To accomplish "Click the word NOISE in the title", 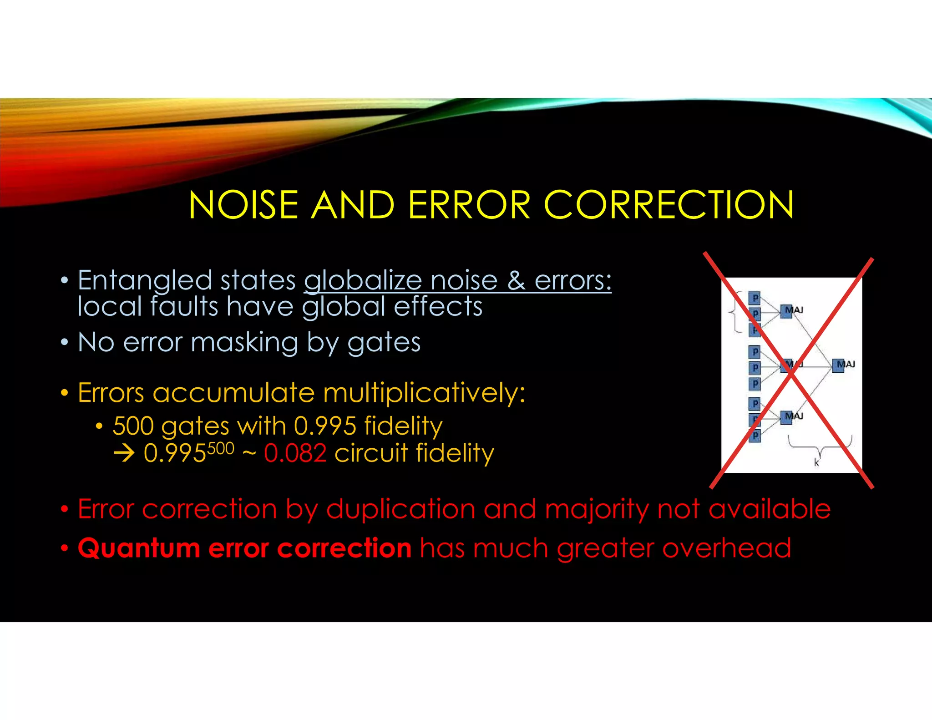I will [x=243, y=205].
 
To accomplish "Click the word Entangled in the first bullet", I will [x=145, y=280].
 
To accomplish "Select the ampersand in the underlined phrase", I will [x=516, y=280].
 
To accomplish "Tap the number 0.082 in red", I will [x=295, y=453].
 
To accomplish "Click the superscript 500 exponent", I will [x=221, y=449].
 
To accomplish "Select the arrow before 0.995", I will [x=124, y=453].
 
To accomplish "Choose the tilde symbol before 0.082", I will [x=249, y=453].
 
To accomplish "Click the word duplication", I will [x=400, y=509].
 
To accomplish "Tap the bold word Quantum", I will [x=139, y=548].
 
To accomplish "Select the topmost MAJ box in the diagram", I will [x=786, y=311].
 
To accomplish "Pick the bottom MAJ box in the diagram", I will [x=786, y=417].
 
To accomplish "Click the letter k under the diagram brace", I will [x=816, y=462].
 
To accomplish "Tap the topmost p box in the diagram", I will [x=755, y=298].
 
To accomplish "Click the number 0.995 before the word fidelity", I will [x=325, y=426].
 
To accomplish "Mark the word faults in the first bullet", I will [x=184, y=306].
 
